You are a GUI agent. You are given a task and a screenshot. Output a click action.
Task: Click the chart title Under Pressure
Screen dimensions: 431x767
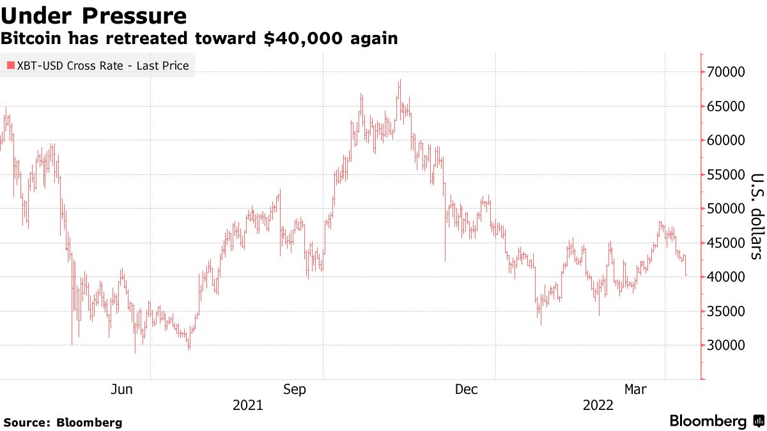pyautogui.click(x=93, y=15)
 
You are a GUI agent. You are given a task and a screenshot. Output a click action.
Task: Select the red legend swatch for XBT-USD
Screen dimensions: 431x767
pyautogui.click(x=10, y=66)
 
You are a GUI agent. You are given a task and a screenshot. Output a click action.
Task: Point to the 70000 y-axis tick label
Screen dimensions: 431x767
pyautogui.click(x=727, y=72)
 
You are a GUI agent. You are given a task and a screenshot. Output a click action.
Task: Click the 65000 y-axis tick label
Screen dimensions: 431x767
pyautogui.click(x=727, y=107)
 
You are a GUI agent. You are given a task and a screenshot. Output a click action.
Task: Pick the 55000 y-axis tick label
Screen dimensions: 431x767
pyautogui.click(x=727, y=175)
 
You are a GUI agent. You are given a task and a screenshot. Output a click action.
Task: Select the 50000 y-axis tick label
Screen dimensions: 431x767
pyautogui.click(x=727, y=209)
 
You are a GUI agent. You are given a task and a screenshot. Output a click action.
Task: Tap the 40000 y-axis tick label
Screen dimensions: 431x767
pyautogui.click(x=727, y=277)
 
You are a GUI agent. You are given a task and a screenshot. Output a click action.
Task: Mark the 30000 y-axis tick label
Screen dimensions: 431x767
pyautogui.click(x=727, y=345)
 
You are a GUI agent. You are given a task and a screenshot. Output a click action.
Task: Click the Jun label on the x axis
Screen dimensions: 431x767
pyautogui.click(x=121, y=389)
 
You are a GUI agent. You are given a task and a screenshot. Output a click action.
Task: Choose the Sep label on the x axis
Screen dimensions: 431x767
pyautogui.click(x=295, y=389)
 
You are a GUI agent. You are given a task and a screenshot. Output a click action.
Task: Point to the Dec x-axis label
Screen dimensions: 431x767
pyautogui.click(x=467, y=389)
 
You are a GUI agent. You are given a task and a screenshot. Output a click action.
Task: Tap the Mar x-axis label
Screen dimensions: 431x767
pyautogui.click(x=637, y=389)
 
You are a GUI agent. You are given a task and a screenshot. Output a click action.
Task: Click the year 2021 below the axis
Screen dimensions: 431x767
pyautogui.click(x=247, y=405)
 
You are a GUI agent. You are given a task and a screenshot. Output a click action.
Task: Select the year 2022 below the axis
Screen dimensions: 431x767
pyautogui.click(x=598, y=405)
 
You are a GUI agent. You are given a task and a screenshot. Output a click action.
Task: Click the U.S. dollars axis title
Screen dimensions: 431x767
pyautogui.click(x=756, y=216)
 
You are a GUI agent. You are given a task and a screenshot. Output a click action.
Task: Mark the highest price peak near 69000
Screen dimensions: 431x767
pyautogui.click(x=399, y=80)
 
